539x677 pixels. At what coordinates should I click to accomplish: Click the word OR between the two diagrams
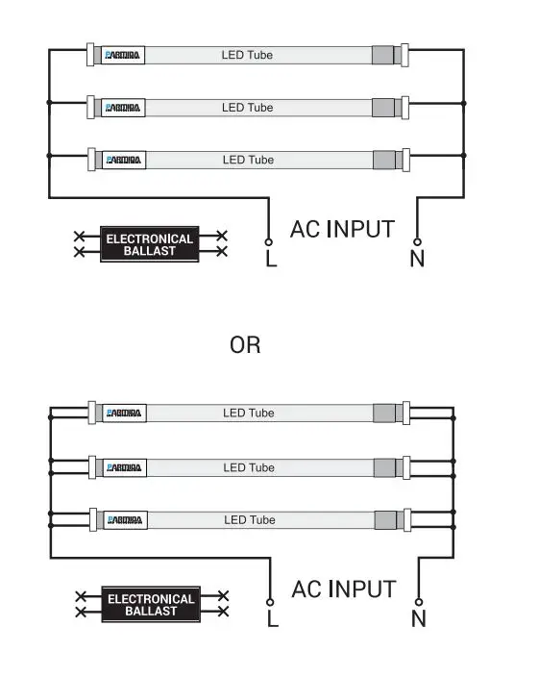pos(245,344)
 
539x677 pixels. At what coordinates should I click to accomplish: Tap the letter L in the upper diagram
pos(271,259)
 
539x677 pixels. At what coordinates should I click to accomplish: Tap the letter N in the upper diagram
pos(417,259)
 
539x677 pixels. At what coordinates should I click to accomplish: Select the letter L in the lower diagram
pos(272,619)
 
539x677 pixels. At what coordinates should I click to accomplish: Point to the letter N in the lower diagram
pos(418,619)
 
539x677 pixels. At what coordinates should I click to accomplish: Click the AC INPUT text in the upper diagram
pos(342,229)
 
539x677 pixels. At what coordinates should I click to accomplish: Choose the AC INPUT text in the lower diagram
pos(343,589)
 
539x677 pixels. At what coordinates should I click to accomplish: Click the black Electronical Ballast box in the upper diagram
pos(149,244)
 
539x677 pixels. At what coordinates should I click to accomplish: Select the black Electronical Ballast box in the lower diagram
pos(151,605)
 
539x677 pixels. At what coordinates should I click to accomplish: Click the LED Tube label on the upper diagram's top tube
pos(247,55)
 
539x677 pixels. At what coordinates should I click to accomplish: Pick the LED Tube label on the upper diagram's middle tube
pos(247,108)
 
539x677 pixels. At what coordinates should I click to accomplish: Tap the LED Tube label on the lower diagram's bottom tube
pos(249,520)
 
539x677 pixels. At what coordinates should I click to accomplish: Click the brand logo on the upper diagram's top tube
pos(124,56)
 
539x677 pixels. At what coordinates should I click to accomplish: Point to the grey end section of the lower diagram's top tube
pos(386,414)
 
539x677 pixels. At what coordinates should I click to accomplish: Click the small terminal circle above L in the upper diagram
pos(268,240)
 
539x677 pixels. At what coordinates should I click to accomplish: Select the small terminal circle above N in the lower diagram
pos(418,601)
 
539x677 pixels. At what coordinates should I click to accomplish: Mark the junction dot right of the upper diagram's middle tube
pos(464,103)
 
